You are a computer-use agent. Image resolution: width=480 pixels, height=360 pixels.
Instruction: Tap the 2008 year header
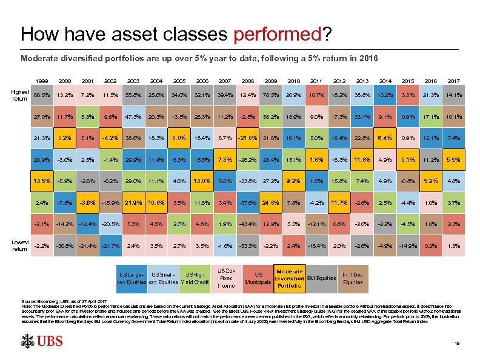coord(247,81)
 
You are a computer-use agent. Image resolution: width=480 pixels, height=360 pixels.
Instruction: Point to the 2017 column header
coord(453,81)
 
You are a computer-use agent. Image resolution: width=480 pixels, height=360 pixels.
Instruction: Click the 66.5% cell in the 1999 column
coord(42,95)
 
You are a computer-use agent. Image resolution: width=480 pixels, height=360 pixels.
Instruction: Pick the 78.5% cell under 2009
coord(270,95)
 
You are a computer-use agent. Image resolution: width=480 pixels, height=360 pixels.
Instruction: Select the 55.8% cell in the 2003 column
coord(133,95)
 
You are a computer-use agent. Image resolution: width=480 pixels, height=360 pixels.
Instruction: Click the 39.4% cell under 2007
coord(225,95)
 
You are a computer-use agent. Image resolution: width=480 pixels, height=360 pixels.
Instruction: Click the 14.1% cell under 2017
coord(453,95)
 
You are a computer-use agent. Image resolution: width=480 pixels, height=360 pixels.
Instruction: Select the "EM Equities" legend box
coord(322,278)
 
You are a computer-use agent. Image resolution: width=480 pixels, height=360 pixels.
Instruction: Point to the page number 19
coord(456,344)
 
